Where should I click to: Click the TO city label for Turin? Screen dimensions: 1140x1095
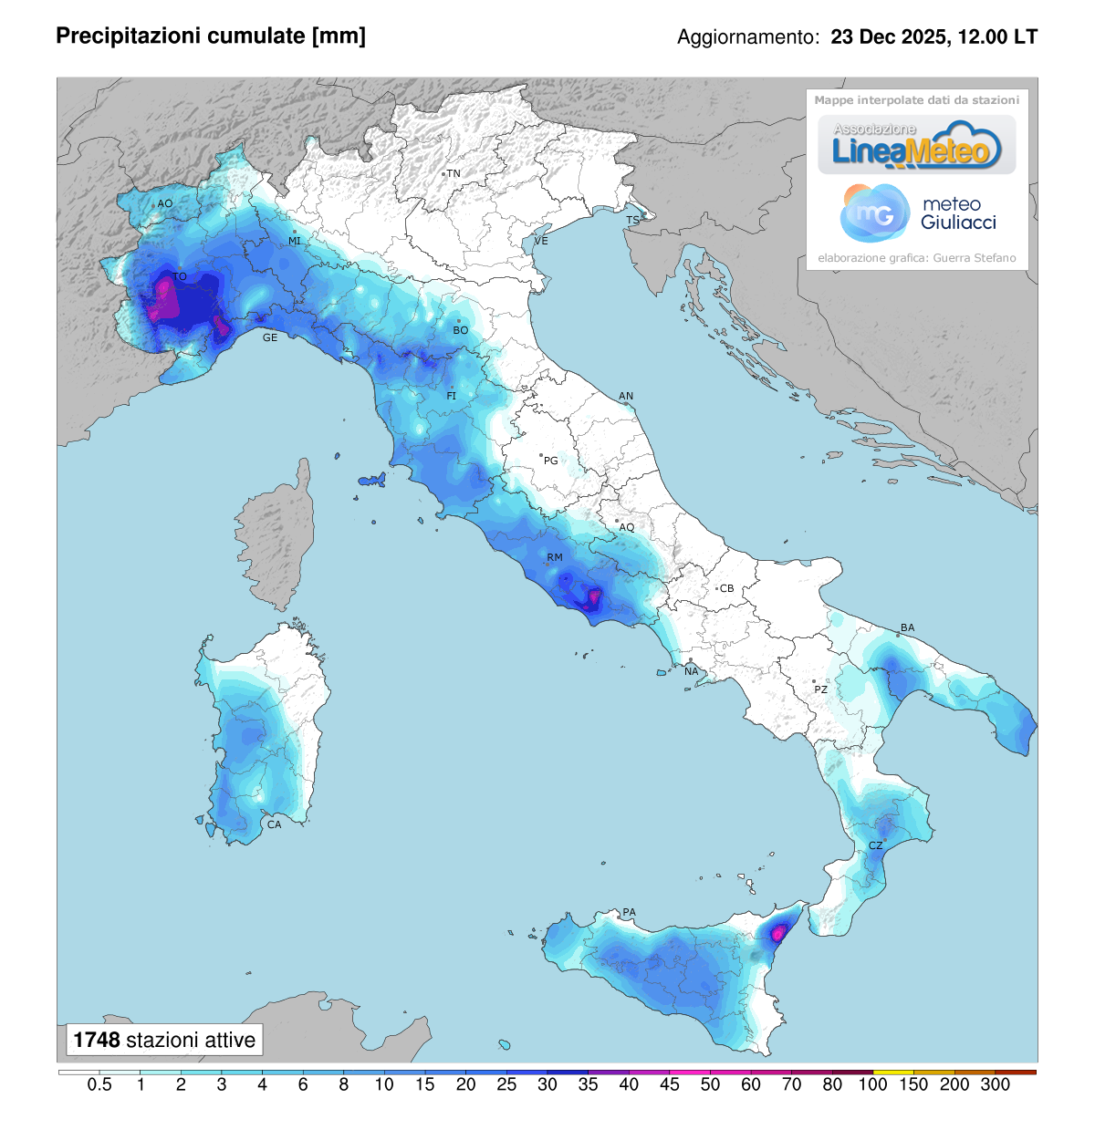[x=180, y=276]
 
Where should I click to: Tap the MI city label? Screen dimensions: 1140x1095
[x=295, y=241]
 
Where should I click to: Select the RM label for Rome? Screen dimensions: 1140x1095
[x=555, y=557]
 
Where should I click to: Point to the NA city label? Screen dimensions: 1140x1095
[x=692, y=671]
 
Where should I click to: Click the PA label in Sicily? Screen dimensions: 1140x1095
[x=629, y=912]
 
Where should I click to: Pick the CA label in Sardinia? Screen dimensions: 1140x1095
[x=274, y=824]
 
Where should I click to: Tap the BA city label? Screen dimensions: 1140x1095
[x=907, y=627]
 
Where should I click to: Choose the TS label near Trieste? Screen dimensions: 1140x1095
[x=632, y=221]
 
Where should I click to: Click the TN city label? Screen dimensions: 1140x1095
[x=454, y=173]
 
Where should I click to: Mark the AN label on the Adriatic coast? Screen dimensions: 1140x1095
[x=626, y=396]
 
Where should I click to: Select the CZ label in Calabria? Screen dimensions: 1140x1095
[x=875, y=845]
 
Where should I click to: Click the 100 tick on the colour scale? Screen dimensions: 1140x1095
[x=872, y=1084]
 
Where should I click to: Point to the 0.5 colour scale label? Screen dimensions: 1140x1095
[x=99, y=1084]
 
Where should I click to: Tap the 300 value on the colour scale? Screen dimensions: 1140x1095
[x=995, y=1084]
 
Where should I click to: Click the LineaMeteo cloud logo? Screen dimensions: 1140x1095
[x=916, y=145]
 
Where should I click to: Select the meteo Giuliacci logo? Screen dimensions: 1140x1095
[x=917, y=213]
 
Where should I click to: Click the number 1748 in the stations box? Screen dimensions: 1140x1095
[x=96, y=1040]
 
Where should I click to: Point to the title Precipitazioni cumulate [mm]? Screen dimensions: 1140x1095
[x=211, y=36]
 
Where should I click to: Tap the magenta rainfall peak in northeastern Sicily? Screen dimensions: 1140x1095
[x=778, y=932]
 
